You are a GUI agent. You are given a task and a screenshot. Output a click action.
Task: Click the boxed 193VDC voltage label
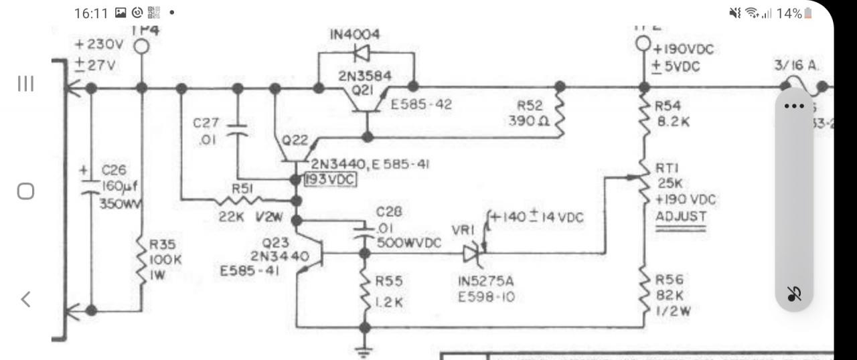click(329, 180)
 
